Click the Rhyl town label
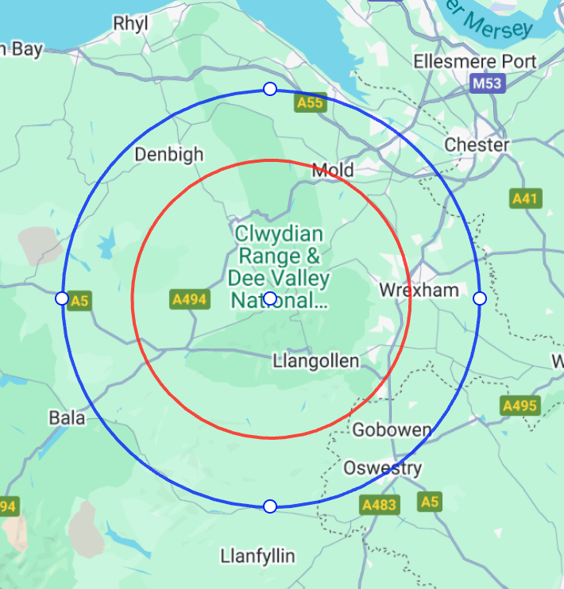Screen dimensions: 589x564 pyautogui.click(x=131, y=23)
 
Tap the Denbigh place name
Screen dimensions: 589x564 pyautogui.click(x=169, y=154)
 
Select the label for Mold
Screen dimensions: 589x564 pyautogui.click(x=333, y=170)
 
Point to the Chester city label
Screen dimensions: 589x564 pyautogui.click(x=477, y=144)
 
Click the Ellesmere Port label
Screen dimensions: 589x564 pyautogui.click(x=475, y=62)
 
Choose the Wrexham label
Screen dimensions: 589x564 pyautogui.click(x=419, y=290)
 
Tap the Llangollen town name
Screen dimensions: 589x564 pyautogui.click(x=315, y=361)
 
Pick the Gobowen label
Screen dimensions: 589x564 pyautogui.click(x=392, y=430)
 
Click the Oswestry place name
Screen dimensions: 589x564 pyautogui.click(x=382, y=468)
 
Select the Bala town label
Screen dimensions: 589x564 pyautogui.click(x=67, y=418)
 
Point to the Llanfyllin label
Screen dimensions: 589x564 pyautogui.click(x=258, y=555)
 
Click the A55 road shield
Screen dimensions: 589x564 pyautogui.click(x=310, y=102)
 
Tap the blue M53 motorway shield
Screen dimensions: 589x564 pyautogui.click(x=487, y=83)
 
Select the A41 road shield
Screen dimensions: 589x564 pyautogui.click(x=526, y=198)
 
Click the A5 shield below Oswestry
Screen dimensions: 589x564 pyautogui.click(x=430, y=502)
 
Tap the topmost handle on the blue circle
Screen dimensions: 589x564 pyautogui.click(x=270, y=89)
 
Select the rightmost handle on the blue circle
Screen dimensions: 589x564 pyautogui.click(x=479, y=298)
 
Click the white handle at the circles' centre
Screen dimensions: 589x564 pyautogui.click(x=270, y=298)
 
